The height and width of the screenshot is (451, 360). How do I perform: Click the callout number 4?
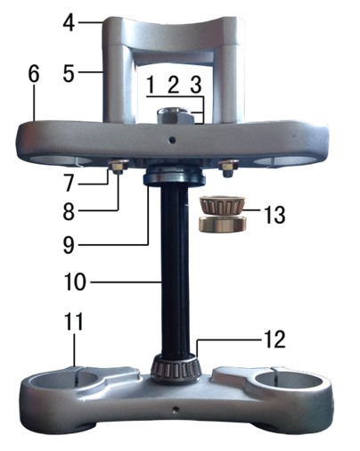coord(69,23)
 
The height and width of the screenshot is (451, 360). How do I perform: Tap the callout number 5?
coord(69,73)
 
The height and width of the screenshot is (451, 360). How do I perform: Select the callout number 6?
coord(34,74)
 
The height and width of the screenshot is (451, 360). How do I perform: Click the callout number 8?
coord(69,212)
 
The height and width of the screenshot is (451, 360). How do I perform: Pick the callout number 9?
coord(69,245)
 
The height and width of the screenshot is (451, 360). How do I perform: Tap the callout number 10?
coord(75,282)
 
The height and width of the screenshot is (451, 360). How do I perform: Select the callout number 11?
coord(73,322)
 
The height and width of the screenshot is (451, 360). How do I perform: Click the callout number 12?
coord(274,340)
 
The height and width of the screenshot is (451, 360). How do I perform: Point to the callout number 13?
coord(274,215)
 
